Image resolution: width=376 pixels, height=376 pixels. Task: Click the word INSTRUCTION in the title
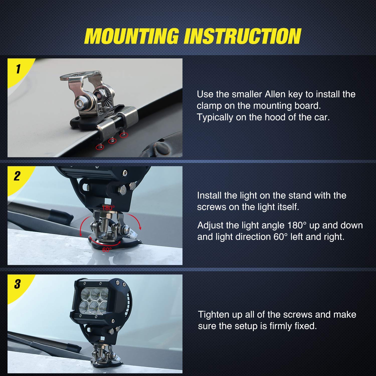242,36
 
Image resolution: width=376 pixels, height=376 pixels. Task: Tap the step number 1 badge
18,69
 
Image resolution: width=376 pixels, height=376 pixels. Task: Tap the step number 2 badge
17,176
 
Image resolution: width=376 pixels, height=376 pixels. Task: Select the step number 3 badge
17,284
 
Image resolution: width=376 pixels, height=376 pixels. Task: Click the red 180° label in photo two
108,208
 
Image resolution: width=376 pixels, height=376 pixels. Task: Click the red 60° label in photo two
107,250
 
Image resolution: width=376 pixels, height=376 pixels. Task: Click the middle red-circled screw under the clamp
112,141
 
